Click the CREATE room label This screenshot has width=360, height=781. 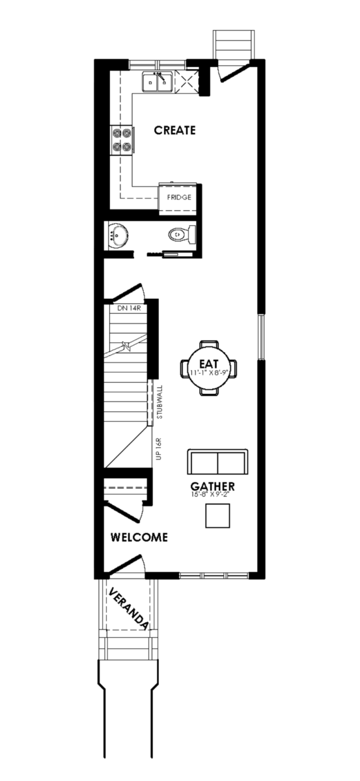(174, 130)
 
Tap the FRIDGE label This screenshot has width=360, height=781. (179, 197)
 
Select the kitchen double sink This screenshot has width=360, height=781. (157, 82)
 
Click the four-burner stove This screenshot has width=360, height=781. (121, 140)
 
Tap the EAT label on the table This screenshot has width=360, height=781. (209, 364)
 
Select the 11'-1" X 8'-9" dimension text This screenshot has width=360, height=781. (209, 372)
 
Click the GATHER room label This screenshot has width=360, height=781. (212, 486)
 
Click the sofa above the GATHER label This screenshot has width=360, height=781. (217, 461)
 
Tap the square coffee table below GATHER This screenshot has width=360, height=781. (217, 515)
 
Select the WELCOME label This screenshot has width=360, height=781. (139, 537)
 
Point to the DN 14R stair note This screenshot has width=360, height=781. (128, 308)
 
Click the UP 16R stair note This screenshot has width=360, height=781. (159, 448)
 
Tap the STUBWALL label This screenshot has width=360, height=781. (159, 402)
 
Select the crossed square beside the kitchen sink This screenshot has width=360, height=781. (187, 82)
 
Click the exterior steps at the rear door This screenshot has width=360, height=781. (233, 45)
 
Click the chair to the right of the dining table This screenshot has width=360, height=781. (233, 368)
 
